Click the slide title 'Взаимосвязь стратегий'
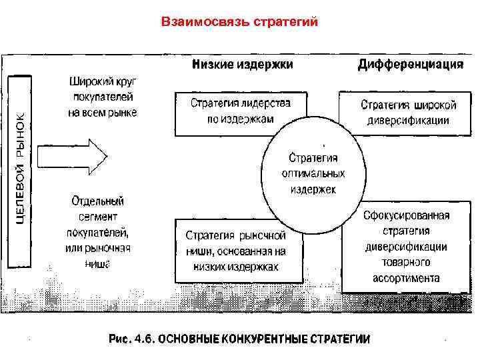point(240,21)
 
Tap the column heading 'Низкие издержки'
point(243,65)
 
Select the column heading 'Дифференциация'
point(410,65)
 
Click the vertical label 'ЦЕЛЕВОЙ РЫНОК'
point(21,168)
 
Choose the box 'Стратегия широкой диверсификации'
point(408,113)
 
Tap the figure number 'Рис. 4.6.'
point(131,339)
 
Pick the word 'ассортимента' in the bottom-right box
point(406,279)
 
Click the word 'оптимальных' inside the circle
point(313,173)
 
